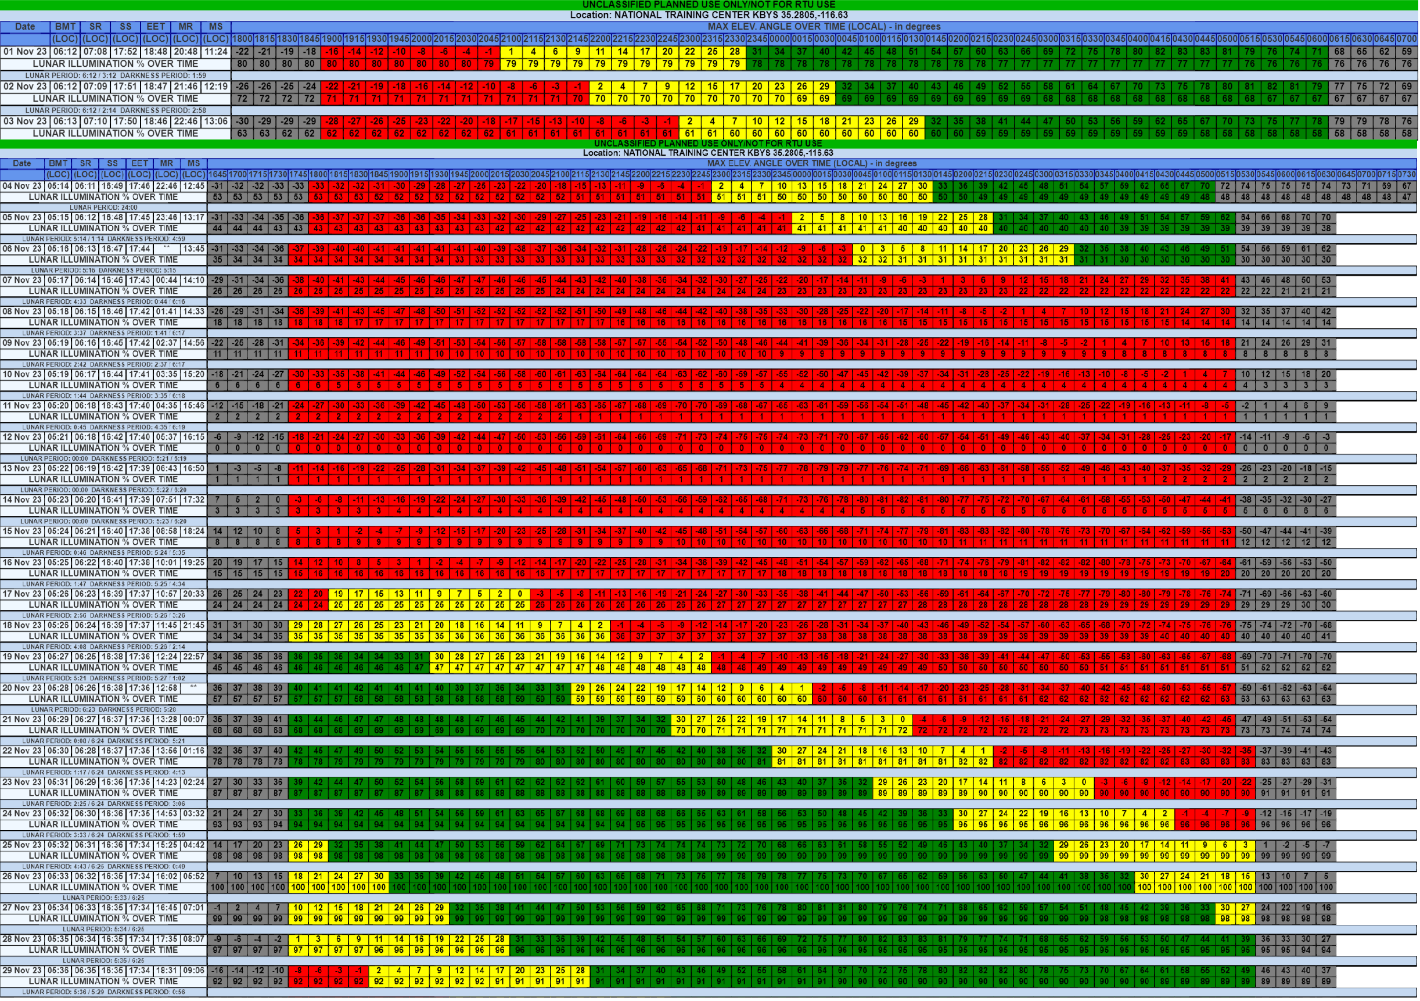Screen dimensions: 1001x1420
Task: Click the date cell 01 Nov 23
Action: point(26,51)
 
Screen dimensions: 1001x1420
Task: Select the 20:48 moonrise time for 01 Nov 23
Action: point(185,51)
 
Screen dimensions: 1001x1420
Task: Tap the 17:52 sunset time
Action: point(125,51)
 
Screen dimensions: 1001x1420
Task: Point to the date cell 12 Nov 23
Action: point(21,437)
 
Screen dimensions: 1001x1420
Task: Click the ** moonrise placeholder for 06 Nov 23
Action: point(166,249)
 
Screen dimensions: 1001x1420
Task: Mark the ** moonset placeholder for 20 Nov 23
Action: point(193,688)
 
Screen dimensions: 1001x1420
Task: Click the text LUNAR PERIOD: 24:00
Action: point(103,207)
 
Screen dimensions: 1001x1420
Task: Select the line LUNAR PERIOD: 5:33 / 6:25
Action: point(103,898)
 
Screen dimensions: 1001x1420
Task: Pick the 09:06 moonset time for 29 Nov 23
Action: point(193,970)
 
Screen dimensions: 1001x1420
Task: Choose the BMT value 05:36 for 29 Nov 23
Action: point(58,970)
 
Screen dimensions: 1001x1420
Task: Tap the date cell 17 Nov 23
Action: point(21,594)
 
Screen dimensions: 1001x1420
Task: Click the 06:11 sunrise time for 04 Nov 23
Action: point(85,185)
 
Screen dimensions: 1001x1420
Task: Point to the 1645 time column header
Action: point(217,174)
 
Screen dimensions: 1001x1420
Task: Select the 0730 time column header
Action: point(1407,174)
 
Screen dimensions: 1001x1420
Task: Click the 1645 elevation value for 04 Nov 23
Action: point(217,185)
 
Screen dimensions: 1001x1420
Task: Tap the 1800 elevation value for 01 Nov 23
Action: point(242,51)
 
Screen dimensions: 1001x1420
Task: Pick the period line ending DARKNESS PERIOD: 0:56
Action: point(103,992)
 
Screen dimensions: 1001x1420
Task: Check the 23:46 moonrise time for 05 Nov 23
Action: point(166,217)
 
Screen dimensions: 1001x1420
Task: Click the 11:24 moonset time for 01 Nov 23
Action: point(216,51)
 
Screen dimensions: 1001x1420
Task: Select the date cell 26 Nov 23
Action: point(21,876)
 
